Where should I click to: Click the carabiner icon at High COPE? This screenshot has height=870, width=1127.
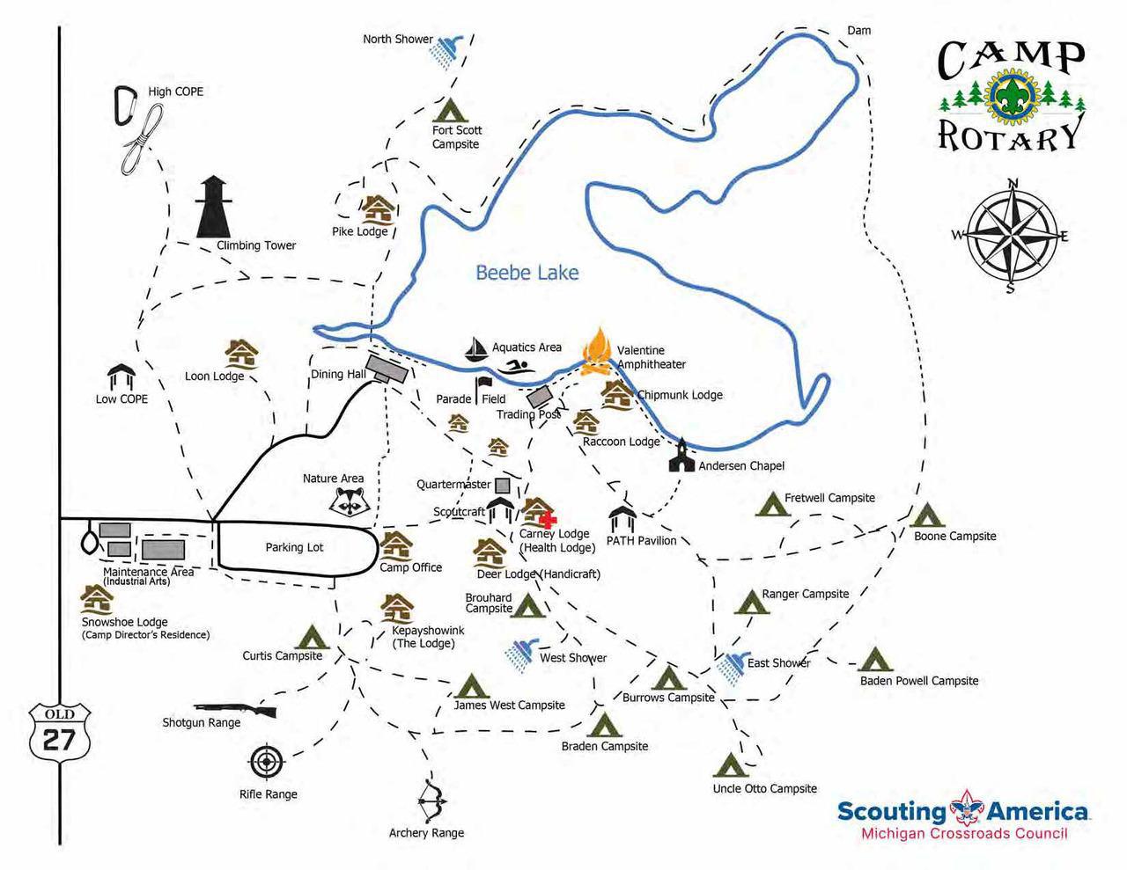click(x=125, y=105)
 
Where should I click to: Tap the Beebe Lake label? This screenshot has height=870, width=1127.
click(x=527, y=273)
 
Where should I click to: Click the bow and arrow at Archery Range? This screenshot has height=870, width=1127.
click(x=431, y=801)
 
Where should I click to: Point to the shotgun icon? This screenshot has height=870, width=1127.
click(x=236, y=708)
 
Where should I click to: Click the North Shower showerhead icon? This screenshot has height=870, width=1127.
click(x=446, y=51)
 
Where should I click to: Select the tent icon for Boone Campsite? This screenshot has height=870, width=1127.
click(x=927, y=515)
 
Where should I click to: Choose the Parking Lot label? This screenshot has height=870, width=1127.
click(x=294, y=547)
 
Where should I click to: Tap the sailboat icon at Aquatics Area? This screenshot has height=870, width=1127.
click(x=476, y=350)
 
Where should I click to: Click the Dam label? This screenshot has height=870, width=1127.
click(x=858, y=31)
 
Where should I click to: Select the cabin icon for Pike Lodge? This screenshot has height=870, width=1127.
click(x=378, y=210)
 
